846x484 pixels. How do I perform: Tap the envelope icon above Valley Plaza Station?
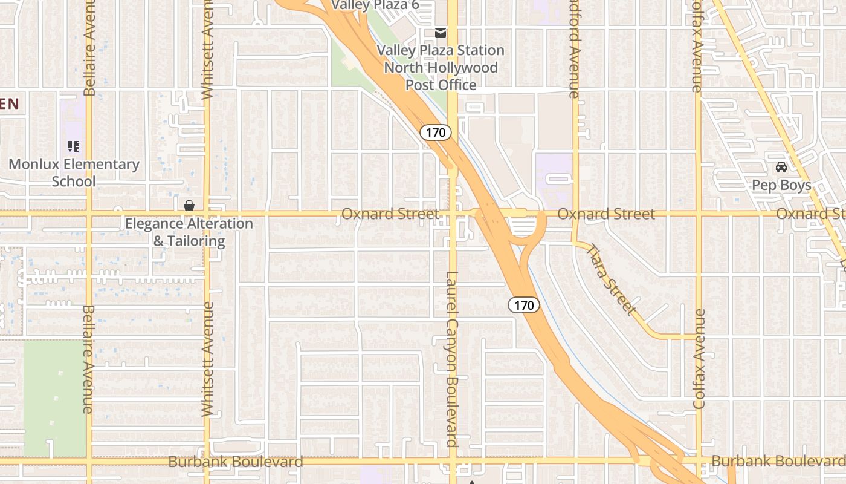pos(441,32)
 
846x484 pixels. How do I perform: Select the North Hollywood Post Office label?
pos(441,76)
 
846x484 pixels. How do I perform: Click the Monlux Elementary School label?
pos(74,172)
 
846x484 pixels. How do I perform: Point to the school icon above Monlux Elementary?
pos(74,146)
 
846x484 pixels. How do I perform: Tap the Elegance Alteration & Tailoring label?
pos(189,232)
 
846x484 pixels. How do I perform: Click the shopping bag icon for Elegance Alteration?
pos(189,206)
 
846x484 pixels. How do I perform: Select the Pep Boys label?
pos(781,185)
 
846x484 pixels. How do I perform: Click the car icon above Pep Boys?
pos(781,167)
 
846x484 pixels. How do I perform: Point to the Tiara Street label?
pos(612,280)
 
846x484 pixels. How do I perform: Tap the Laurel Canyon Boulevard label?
pos(452,359)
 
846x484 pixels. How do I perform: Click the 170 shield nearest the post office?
pos(436,132)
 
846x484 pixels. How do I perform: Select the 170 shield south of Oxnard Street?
pos(523,306)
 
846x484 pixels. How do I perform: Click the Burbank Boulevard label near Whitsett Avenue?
pos(236,462)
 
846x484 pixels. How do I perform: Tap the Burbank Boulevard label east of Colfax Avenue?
pos(778,461)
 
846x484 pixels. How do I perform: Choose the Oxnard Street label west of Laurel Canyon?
pos(390,214)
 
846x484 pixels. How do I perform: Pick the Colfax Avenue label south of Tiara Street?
pos(699,359)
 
